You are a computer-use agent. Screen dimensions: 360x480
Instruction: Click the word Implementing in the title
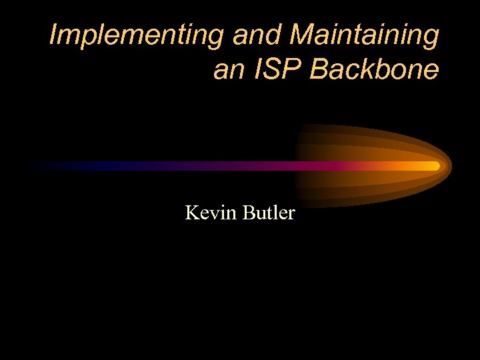point(137,35)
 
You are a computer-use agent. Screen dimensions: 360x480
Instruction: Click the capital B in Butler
point(249,213)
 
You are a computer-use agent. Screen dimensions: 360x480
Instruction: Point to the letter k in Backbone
point(371,69)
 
